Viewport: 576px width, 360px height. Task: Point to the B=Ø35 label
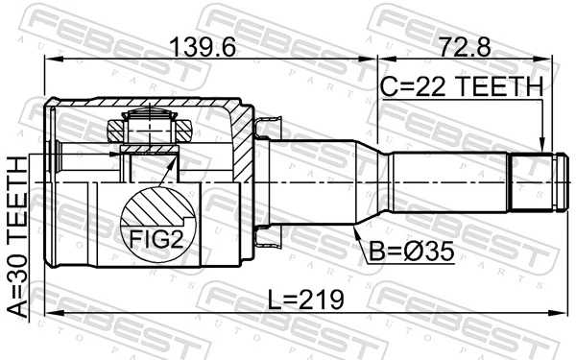[x=409, y=252]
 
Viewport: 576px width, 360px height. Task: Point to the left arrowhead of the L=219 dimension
[x=51, y=312]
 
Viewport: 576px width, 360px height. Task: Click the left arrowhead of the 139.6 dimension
[x=51, y=60]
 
